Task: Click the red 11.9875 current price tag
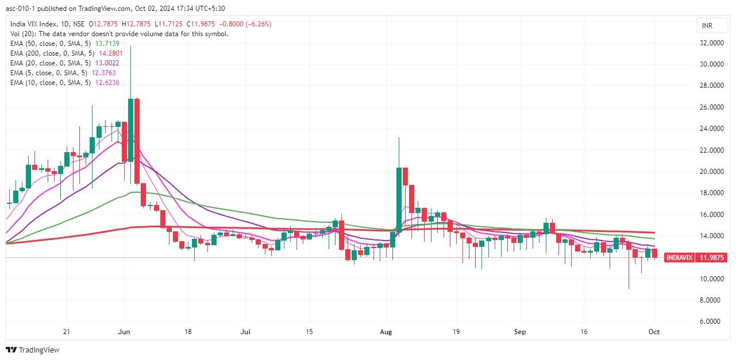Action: (711, 258)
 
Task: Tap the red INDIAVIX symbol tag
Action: (679, 258)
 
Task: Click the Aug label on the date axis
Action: (386, 332)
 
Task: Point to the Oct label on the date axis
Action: (654, 332)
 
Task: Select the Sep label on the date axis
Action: (520, 332)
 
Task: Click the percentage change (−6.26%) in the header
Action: (258, 24)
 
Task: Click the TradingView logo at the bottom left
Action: (33, 350)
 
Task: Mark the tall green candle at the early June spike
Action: (131, 129)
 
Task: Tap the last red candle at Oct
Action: (654, 253)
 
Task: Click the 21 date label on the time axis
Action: (67, 332)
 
